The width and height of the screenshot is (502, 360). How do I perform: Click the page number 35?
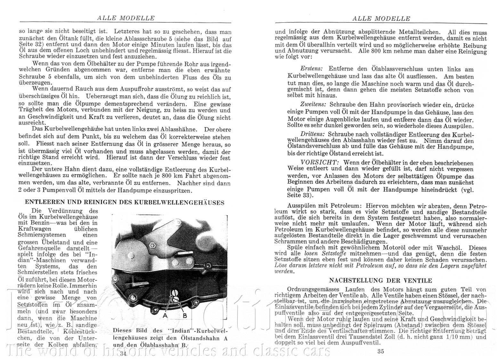[380, 351]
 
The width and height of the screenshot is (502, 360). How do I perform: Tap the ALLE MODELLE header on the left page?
[125, 18]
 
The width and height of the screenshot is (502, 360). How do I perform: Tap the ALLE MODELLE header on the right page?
[381, 18]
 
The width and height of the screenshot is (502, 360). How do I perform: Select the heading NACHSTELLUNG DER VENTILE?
[381, 281]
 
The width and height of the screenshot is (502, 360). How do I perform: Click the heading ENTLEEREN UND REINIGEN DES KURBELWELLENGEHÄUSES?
[125, 202]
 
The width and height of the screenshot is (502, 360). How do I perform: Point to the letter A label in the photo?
[165, 315]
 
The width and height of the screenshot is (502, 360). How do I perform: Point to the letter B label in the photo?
[185, 315]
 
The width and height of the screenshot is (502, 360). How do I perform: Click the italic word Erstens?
[312, 69]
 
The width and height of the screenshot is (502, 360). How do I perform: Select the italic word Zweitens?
[313, 105]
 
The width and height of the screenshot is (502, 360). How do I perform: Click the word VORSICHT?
[319, 162]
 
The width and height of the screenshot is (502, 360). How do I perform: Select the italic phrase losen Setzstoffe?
[323, 253]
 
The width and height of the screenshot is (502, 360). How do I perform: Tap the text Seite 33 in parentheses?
[298, 195]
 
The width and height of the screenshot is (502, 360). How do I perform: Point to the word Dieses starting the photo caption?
[125, 331]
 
